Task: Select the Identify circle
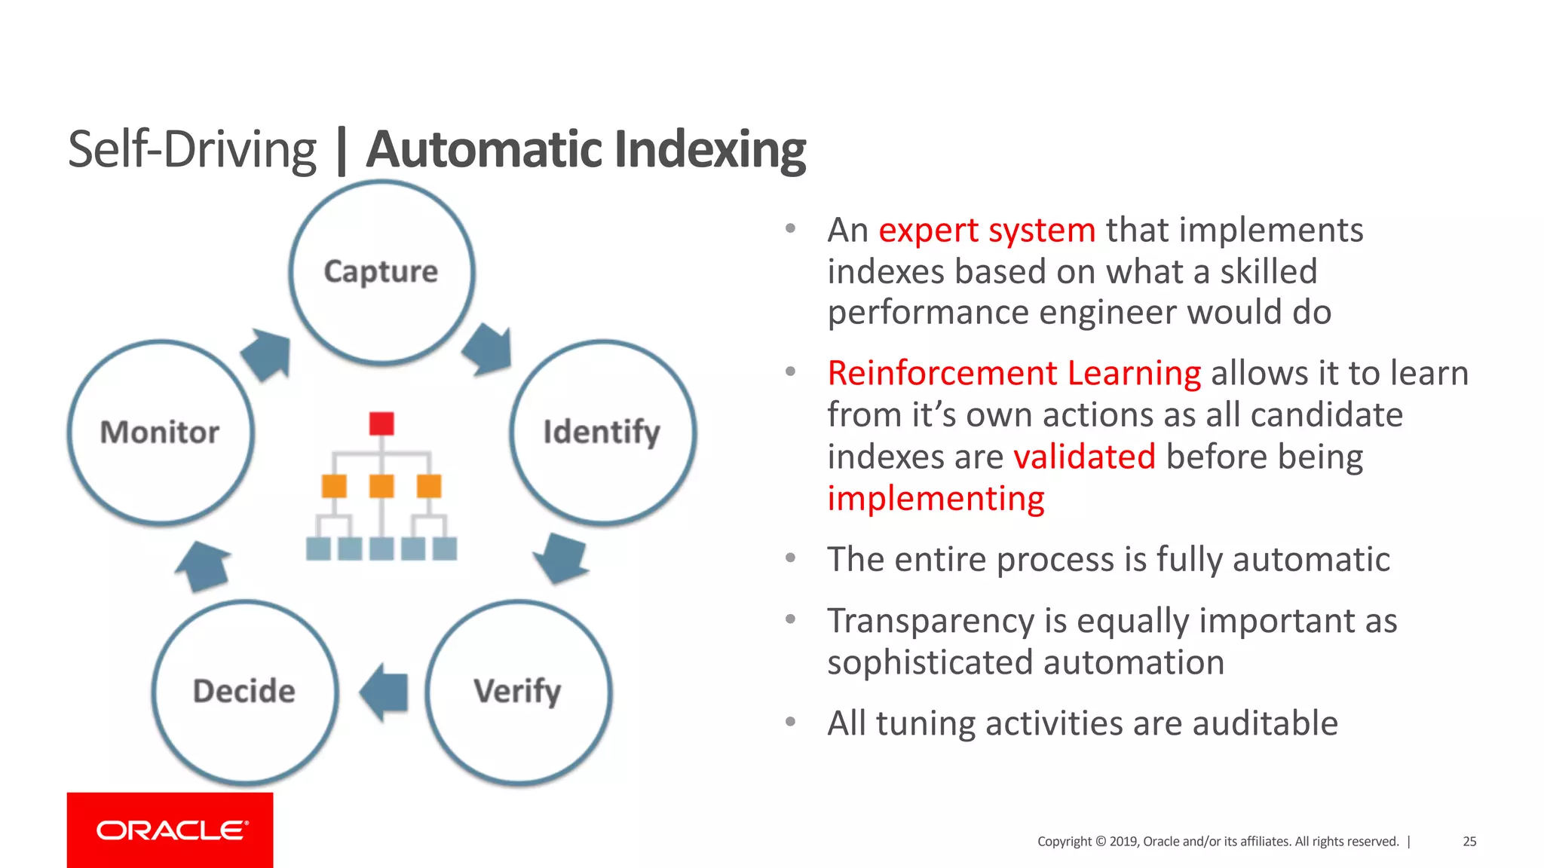pyautogui.click(x=602, y=432)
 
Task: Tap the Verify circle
pyautogui.click(x=518, y=692)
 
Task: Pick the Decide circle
pyautogui.click(x=245, y=692)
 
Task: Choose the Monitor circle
pyautogui.click(x=161, y=432)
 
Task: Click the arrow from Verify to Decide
pyautogui.click(x=385, y=692)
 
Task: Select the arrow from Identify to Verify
pyautogui.click(x=561, y=558)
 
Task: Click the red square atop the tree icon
pyautogui.click(x=381, y=423)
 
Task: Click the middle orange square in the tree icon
pyautogui.click(x=381, y=486)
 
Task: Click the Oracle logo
pyautogui.click(x=170, y=830)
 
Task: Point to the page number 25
pyautogui.click(x=1469, y=842)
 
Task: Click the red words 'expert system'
pyautogui.click(x=987, y=230)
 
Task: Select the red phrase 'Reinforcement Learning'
pyautogui.click(x=1014, y=373)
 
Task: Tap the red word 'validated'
pyautogui.click(x=1084, y=457)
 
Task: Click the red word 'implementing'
pyautogui.click(x=936, y=499)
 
